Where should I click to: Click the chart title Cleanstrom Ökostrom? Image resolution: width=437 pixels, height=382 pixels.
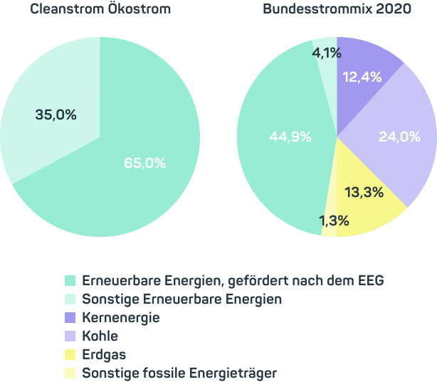click(100, 9)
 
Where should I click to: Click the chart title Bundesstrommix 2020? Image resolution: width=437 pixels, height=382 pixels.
click(337, 9)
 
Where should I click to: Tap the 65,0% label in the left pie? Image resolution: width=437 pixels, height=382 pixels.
click(144, 163)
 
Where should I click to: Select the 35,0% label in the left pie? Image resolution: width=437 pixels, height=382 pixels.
click(56, 114)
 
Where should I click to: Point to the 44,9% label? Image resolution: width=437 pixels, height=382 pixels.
click(290, 137)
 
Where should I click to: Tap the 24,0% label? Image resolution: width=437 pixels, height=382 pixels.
click(399, 137)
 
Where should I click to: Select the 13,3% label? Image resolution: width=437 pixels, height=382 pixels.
click(364, 192)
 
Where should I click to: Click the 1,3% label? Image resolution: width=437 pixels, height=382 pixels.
click(332, 221)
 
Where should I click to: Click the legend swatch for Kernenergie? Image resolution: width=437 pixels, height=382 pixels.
click(70, 318)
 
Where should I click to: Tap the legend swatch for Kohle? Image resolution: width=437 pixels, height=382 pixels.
click(70, 336)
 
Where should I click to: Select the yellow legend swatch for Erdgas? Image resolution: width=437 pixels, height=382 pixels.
click(70, 354)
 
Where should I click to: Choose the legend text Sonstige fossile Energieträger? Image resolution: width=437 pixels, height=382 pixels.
click(179, 373)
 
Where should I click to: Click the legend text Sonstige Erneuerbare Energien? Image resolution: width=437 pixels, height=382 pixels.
click(181, 299)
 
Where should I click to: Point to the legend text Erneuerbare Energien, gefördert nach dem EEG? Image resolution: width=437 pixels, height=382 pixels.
click(233, 280)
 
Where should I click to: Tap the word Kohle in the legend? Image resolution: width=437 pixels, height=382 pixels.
click(100, 336)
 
